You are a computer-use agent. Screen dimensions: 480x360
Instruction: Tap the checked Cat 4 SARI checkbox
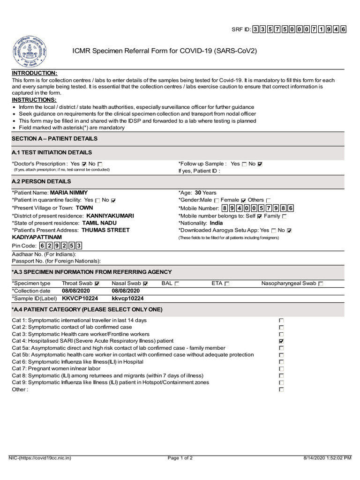(281, 341)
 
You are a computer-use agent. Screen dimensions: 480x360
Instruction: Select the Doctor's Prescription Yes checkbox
(84, 164)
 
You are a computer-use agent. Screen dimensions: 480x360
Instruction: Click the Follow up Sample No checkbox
(261, 164)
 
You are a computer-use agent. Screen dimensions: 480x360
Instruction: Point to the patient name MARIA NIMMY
(69, 192)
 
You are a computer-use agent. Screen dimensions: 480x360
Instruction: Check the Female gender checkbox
(244, 200)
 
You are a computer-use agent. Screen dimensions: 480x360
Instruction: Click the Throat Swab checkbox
(97, 284)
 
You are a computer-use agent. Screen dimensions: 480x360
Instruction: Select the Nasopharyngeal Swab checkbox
(321, 284)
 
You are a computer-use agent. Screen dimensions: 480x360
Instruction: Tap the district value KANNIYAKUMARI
(110, 216)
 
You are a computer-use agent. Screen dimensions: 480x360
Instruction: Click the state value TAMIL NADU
(99, 224)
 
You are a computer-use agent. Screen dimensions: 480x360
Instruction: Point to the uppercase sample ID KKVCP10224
(80, 298)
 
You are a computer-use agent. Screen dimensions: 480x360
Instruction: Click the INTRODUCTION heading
(35, 74)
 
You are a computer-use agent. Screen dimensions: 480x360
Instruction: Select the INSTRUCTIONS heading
(34, 100)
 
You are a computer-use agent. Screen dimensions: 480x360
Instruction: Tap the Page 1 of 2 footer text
(180, 458)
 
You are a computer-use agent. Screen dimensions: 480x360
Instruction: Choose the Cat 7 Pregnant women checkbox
(281, 369)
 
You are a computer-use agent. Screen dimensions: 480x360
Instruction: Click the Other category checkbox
(281, 390)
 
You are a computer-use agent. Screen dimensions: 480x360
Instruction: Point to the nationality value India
(217, 224)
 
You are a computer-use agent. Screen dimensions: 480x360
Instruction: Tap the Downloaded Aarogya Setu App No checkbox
(289, 231)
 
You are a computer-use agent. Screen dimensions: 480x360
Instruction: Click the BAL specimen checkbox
(177, 284)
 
